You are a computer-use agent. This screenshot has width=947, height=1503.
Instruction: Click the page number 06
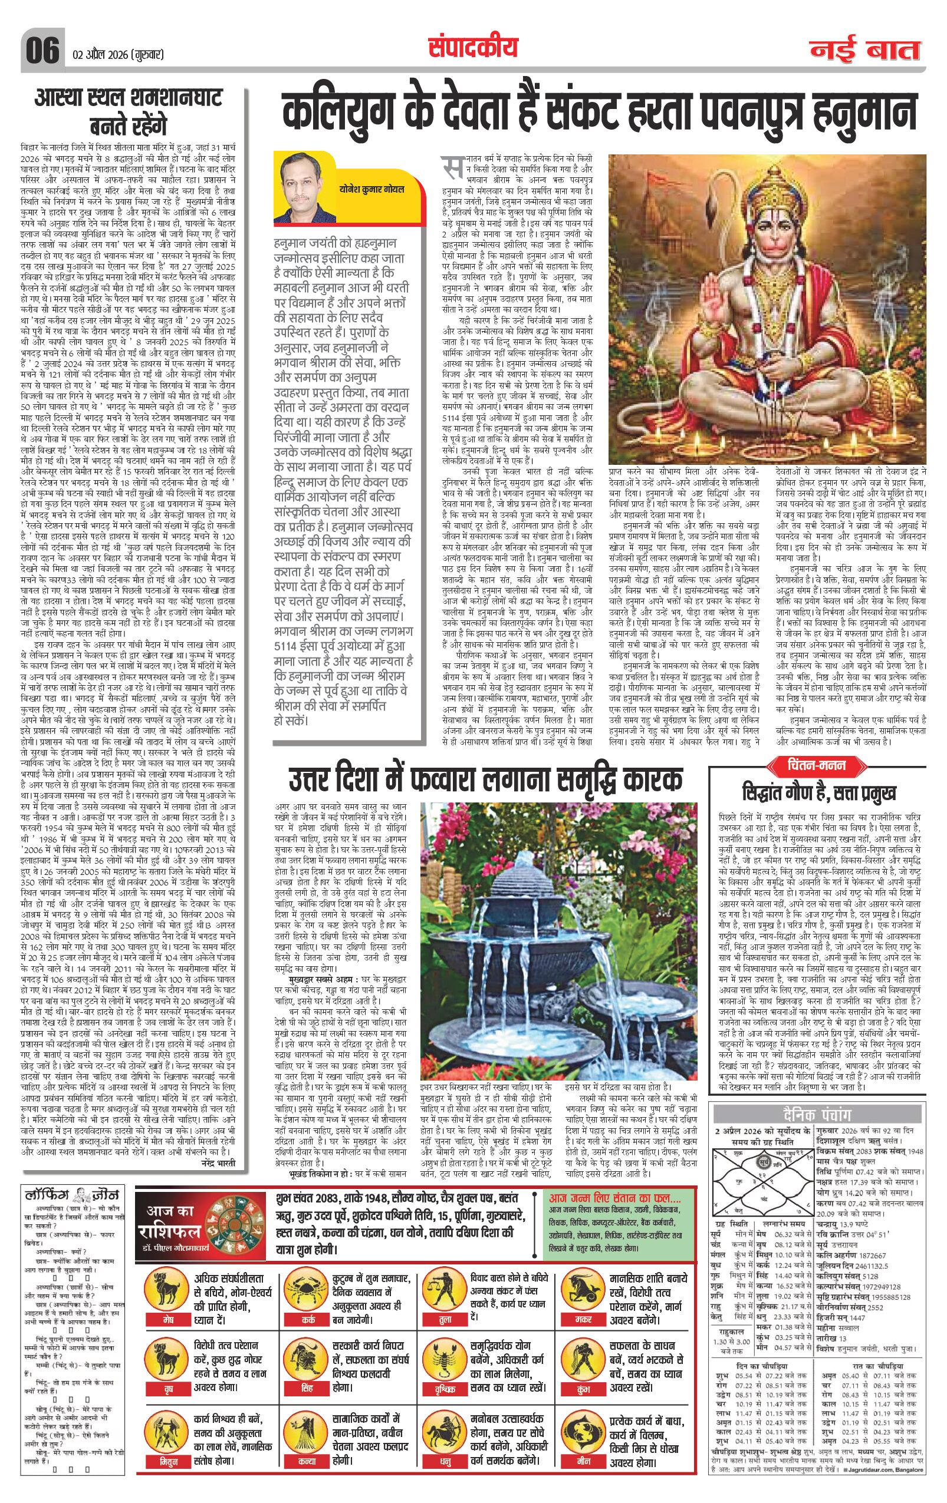point(42,50)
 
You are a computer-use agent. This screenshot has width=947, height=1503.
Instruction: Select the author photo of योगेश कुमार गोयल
point(303,190)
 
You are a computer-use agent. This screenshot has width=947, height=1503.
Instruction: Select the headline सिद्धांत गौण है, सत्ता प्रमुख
point(819,792)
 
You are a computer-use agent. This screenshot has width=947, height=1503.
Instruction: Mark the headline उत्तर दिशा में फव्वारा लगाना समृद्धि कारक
point(485,780)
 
